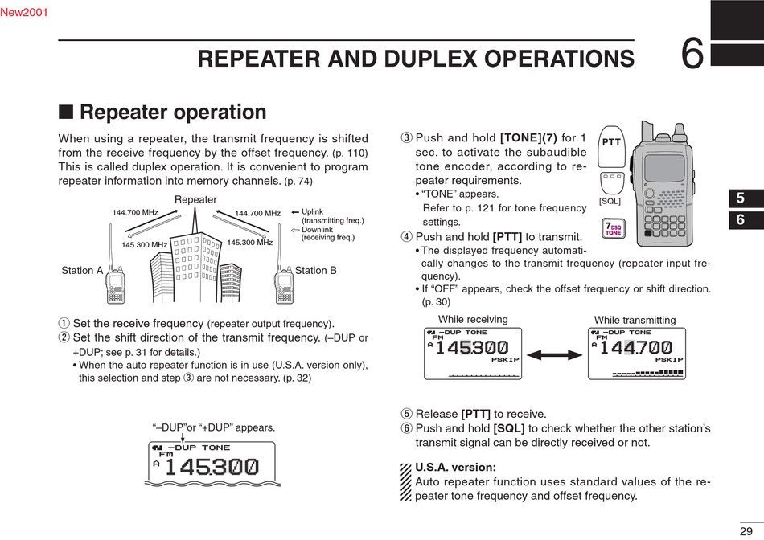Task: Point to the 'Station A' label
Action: tap(82, 271)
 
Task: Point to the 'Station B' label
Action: tap(316, 271)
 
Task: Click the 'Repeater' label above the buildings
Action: tap(195, 200)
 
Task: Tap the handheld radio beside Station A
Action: tap(116, 282)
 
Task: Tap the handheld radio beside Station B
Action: tap(283, 282)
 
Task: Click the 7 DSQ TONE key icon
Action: tap(613, 229)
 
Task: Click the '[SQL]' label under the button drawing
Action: tap(610, 201)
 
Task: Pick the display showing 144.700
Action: tap(638, 354)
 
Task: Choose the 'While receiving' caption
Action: tap(473, 320)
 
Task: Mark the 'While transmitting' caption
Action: tap(635, 320)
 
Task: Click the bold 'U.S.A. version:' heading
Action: tap(455, 467)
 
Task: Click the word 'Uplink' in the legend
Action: tap(312, 212)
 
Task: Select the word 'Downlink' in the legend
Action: tap(317, 230)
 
